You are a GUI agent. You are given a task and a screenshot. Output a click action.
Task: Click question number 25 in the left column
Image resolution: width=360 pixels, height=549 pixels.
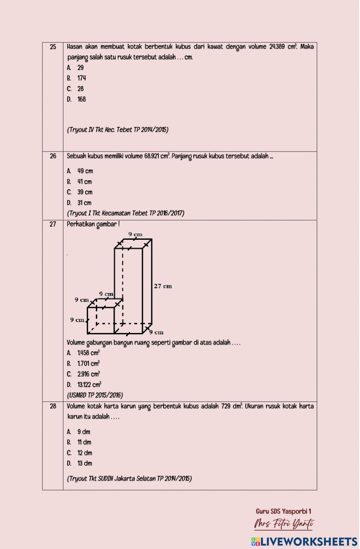click(53, 47)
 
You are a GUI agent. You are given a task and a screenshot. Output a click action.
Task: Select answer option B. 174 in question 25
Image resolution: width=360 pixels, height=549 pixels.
click(77, 78)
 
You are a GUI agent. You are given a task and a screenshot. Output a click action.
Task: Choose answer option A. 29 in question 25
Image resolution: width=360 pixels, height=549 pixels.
click(76, 68)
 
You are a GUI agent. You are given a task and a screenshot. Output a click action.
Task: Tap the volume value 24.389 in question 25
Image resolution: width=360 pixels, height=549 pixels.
click(277, 47)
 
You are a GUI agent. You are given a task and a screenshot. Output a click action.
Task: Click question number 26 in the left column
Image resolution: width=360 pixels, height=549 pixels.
click(53, 156)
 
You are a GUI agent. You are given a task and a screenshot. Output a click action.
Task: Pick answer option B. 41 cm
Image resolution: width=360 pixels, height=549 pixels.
click(80, 182)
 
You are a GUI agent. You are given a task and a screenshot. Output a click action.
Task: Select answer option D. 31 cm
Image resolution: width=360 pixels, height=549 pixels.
click(80, 203)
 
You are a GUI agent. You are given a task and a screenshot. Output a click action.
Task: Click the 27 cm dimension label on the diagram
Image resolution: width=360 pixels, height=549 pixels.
click(163, 286)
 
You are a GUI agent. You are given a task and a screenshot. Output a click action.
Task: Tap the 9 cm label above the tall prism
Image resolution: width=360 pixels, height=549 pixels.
click(135, 234)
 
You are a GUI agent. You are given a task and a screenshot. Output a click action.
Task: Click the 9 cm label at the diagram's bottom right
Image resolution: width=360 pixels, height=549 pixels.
click(157, 332)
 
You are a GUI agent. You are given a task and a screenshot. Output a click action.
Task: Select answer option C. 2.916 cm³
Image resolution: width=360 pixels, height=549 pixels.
click(84, 374)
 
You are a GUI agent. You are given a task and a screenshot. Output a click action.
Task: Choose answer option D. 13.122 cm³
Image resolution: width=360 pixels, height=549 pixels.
click(84, 384)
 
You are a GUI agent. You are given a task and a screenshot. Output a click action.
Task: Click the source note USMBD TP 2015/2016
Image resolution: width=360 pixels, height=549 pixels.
click(95, 395)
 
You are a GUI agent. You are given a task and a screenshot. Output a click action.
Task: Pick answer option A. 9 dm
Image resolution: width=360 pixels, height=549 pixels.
click(79, 432)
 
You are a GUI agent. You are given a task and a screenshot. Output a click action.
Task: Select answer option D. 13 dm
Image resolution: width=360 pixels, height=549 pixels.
click(80, 463)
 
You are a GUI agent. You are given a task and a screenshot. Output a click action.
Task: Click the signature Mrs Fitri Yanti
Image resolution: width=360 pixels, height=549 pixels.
click(284, 523)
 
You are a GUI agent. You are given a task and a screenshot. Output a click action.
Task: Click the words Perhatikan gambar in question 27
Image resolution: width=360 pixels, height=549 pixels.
click(93, 224)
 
